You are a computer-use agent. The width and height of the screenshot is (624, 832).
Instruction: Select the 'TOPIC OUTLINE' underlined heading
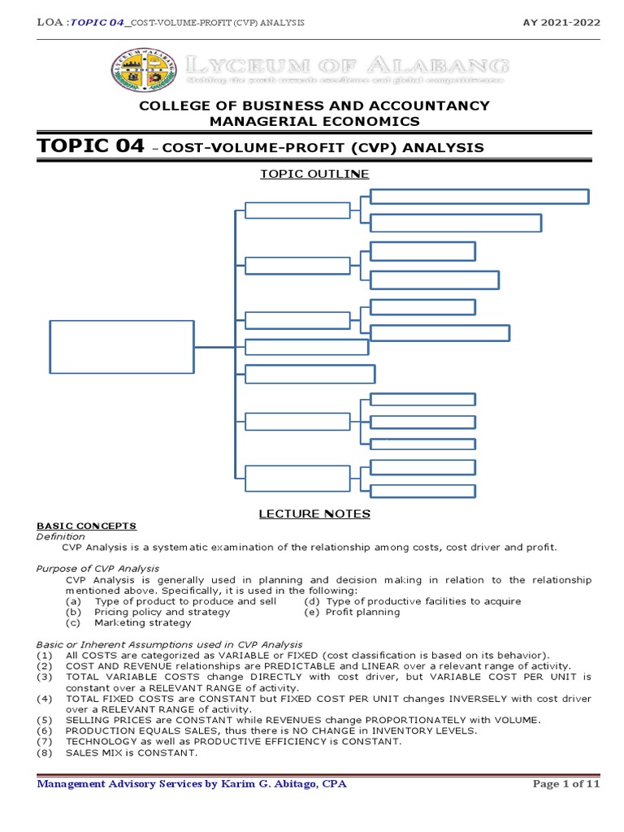point(314,174)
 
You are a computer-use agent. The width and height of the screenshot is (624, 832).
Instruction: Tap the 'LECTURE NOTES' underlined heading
point(314,513)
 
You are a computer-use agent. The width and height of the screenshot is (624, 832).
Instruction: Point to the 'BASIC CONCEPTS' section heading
point(87,526)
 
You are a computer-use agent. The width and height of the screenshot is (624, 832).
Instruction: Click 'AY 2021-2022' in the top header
point(561,22)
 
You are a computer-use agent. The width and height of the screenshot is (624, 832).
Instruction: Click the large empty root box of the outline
point(122,348)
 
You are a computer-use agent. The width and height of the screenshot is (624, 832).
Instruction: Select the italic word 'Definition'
point(61,537)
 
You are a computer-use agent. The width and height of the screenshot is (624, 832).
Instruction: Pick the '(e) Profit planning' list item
point(352,612)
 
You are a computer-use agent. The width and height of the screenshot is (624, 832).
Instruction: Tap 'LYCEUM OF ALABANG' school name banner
point(346,65)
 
